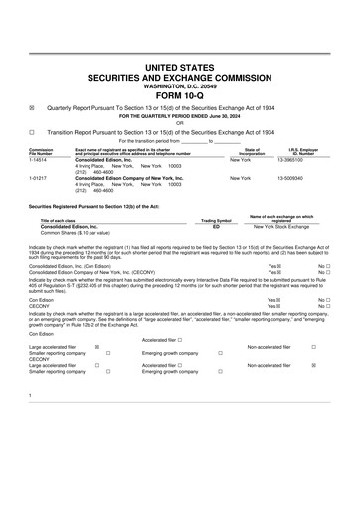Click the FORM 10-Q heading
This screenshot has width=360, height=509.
click(x=180, y=95)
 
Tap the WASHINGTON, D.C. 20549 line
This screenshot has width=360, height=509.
click(x=180, y=85)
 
